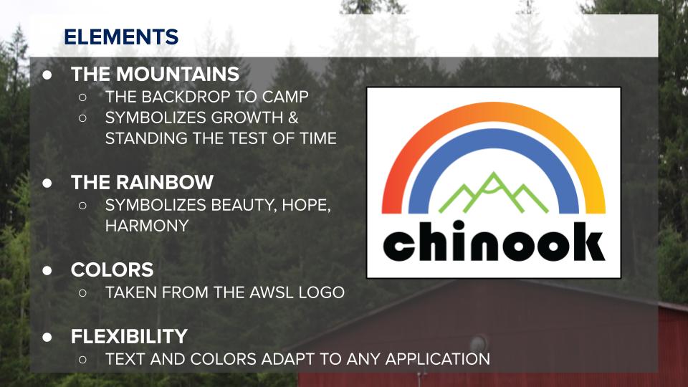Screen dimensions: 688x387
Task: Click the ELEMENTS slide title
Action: click(x=121, y=37)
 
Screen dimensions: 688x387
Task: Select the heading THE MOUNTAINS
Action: click(x=155, y=74)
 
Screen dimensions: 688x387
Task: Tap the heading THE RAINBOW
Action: click(x=142, y=183)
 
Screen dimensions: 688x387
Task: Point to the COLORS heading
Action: click(x=112, y=270)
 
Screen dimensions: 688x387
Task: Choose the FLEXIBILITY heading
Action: click(x=129, y=337)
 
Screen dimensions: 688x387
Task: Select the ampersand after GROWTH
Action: click(x=293, y=118)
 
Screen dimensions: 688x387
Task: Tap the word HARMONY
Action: click(x=147, y=226)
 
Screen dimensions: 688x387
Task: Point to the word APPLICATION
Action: click(x=438, y=359)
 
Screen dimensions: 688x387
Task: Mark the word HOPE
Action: click(x=306, y=206)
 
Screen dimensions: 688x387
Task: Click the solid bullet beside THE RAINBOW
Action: click(x=47, y=183)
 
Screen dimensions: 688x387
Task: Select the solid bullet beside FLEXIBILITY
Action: click(x=47, y=337)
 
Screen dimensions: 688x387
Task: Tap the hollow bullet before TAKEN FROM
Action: click(x=82, y=292)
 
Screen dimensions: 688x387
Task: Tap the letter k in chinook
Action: click(x=589, y=241)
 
